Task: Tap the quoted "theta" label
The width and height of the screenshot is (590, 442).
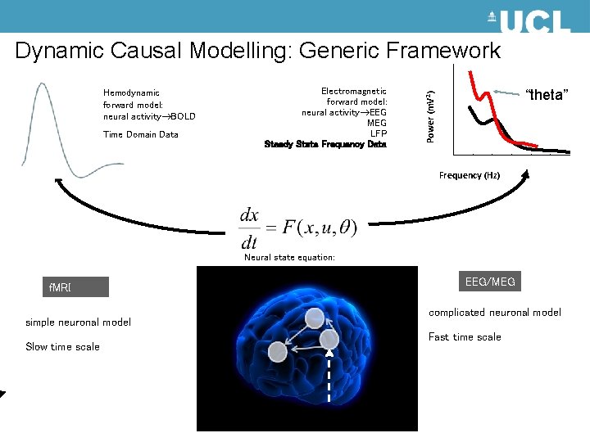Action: [x=547, y=95]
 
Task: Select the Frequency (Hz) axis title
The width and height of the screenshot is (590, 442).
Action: [x=470, y=175]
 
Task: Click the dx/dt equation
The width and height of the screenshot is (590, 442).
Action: [x=297, y=228]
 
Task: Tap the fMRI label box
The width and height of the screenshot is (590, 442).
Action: [x=77, y=287]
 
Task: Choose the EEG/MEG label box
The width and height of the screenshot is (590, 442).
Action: [x=490, y=282]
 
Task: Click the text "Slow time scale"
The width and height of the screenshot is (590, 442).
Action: [x=62, y=347]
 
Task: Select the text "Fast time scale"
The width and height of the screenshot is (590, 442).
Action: [x=465, y=337]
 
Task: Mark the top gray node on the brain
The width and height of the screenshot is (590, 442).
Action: [x=315, y=318]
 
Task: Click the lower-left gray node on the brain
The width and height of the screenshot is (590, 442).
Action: [x=278, y=351]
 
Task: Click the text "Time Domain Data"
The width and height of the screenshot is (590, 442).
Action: [x=141, y=135]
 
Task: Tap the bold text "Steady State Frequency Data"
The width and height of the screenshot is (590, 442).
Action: [x=325, y=144]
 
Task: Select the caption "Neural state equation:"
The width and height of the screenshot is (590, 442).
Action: [x=289, y=257]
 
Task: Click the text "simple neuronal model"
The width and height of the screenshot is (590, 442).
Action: [x=78, y=322]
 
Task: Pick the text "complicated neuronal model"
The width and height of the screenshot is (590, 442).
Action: [x=495, y=313]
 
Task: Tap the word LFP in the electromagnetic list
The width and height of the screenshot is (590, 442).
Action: [x=378, y=133]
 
